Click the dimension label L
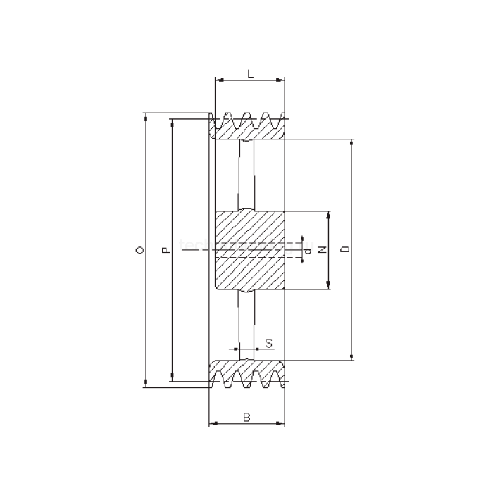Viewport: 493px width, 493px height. [250, 73]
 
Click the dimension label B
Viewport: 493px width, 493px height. [246, 417]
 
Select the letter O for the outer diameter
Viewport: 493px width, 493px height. [139, 250]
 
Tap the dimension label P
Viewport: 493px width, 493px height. [165, 250]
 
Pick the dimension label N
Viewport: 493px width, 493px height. [320, 250]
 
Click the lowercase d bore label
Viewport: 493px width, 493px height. [308, 250]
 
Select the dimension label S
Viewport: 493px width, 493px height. [269, 343]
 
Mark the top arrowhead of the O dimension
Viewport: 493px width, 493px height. [146, 116]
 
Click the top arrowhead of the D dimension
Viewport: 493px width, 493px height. [352, 143]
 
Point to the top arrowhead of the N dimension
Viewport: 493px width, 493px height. [328, 215]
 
